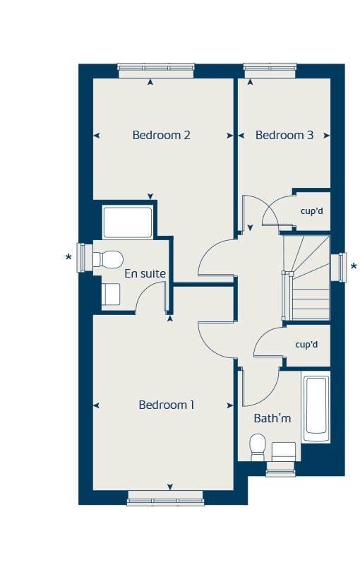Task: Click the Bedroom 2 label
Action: tap(161, 135)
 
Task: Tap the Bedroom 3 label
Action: tap(284, 135)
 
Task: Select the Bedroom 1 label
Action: tap(167, 405)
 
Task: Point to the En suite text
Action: tap(145, 273)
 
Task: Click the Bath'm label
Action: tap(272, 418)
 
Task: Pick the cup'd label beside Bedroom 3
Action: tap(312, 211)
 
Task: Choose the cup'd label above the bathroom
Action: tap(307, 345)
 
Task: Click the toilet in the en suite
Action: tap(108, 259)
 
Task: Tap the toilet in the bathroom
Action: tap(258, 447)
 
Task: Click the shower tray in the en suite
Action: tap(128, 222)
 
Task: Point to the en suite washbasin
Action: tap(111, 295)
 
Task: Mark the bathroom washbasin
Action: tap(284, 452)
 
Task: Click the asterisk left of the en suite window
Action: tap(68, 257)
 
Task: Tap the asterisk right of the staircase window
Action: tap(354, 267)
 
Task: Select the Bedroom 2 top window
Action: tap(156, 71)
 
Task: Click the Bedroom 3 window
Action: tap(270, 71)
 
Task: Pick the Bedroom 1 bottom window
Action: tap(166, 498)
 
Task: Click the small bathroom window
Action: tap(280, 469)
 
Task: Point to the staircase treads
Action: tap(306, 278)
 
